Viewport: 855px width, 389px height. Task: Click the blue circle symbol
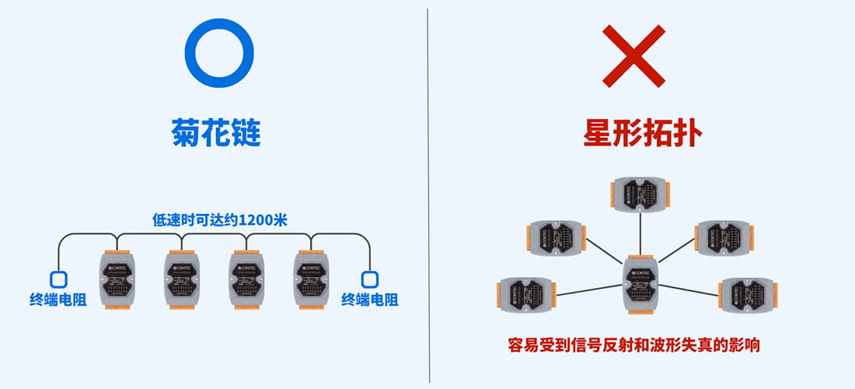218,53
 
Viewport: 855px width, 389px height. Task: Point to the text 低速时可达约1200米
220,220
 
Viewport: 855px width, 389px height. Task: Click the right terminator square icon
369,279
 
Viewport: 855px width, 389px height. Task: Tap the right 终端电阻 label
372,300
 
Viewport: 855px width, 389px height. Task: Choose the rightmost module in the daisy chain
311,280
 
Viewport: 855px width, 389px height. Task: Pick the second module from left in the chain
182,280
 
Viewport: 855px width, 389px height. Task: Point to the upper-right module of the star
722,239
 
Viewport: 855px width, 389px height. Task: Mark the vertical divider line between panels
428,194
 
